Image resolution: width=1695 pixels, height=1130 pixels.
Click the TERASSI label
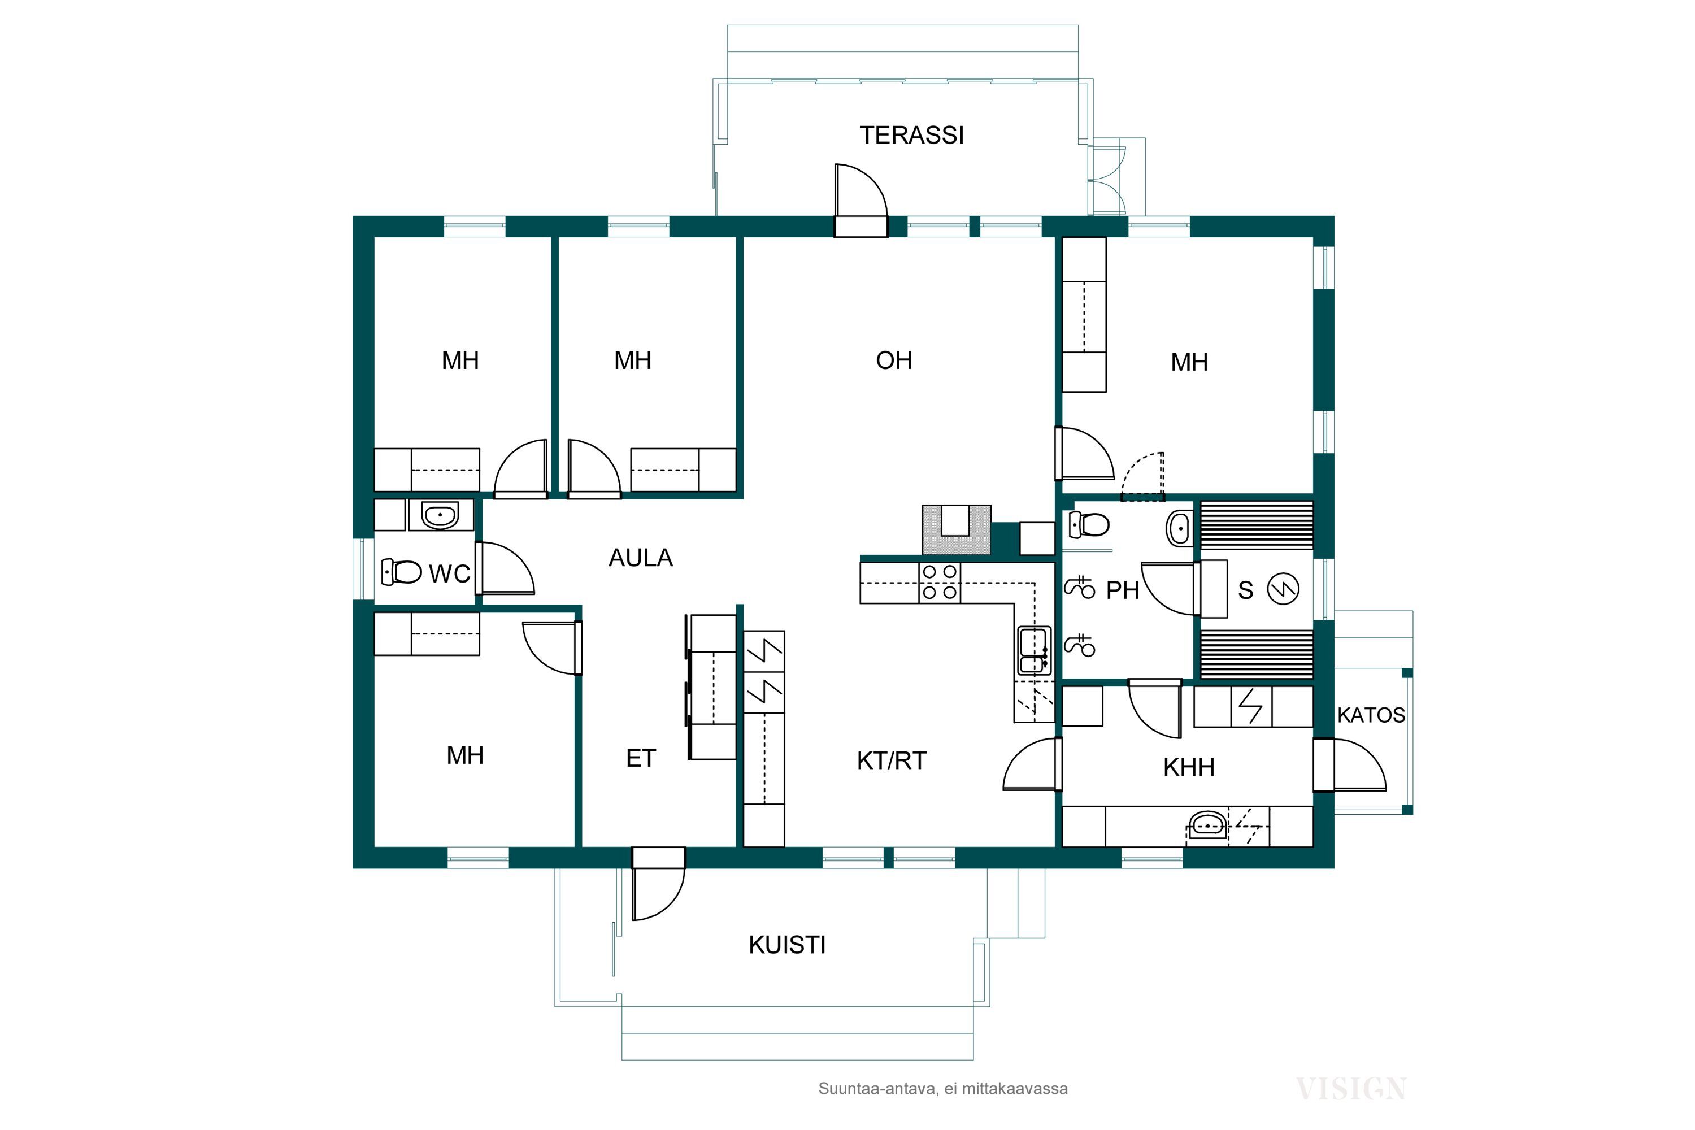(x=912, y=136)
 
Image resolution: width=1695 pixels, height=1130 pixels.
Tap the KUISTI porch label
(x=787, y=945)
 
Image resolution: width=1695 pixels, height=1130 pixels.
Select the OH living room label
(x=894, y=360)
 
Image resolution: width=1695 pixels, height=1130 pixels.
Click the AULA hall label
(x=641, y=558)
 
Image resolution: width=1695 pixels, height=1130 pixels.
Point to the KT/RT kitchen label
(x=892, y=760)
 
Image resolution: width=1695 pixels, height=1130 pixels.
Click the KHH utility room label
(x=1189, y=767)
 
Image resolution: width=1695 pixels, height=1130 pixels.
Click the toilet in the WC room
(x=401, y=571)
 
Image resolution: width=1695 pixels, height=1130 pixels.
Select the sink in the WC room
(x=440, y=515)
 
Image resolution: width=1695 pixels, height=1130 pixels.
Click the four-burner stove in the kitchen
(x=940, y=583)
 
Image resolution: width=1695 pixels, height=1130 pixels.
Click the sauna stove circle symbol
(x=1283, y=589)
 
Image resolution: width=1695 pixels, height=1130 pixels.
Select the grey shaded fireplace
(x=957, y=530)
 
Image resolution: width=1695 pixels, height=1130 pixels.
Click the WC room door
(x=505, y=568)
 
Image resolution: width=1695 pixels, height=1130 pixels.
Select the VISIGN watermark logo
(x=1351, y=1089)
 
